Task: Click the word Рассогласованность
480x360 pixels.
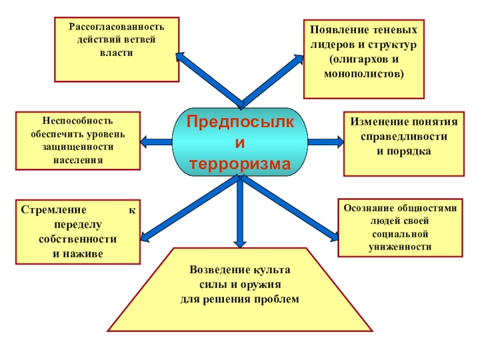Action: (x=116, y=28)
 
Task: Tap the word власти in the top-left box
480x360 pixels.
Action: (x=116, y=53)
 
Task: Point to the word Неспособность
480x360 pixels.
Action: (x=77, y=121)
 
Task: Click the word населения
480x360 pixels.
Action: (x=77, y=160)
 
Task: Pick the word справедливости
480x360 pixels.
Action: (x=403, y=136)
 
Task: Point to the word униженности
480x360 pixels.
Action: (x=400, y=247)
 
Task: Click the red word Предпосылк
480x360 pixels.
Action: (x=240, y=122)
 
